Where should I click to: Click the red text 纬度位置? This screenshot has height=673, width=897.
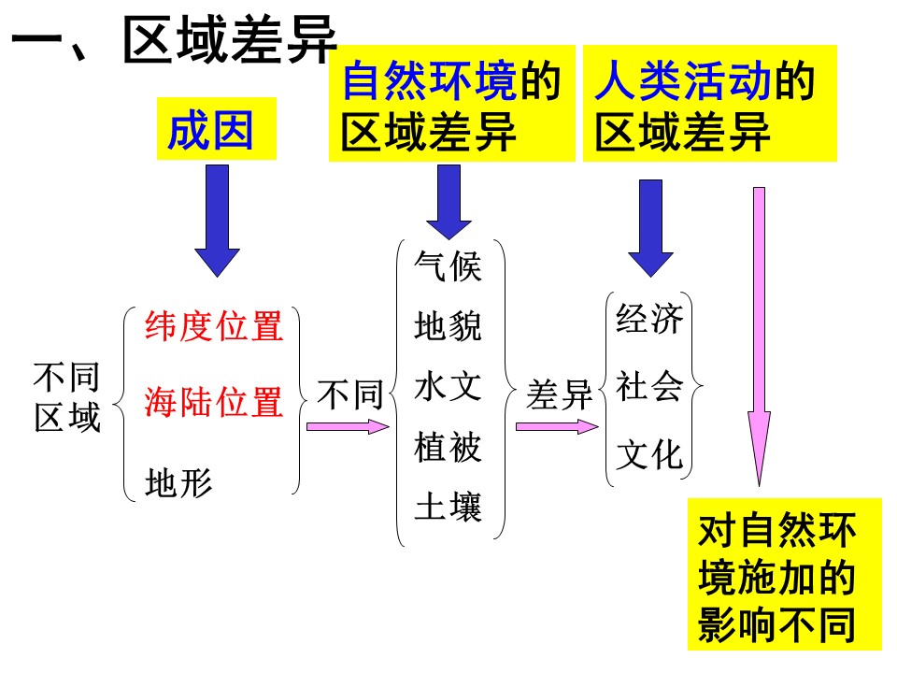(x=214, y=327)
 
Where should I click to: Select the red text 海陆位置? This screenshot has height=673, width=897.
(x=214, y=403)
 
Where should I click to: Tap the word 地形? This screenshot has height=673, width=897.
(x=178, y=482)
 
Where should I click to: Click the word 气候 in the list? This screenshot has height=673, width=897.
(x=448, y=267)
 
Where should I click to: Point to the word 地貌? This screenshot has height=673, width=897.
(x=448, y=327)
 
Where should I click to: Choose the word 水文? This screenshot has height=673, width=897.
(x=448, y=387)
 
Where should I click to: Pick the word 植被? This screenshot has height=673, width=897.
(x=448, y=448)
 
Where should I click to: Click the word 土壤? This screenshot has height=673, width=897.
(x=448, y=508)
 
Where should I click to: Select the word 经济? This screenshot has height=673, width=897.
(x=650, y=320)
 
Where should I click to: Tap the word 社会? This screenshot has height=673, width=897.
(x=650, y=387)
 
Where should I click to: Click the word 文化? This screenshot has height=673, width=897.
(x=650, y=455)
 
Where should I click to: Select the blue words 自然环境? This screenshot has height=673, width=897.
(x=430, y=83)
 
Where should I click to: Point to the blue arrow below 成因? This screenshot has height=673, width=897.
(x=217, y=221)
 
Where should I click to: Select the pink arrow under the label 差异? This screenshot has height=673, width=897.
(x=557, y=426)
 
